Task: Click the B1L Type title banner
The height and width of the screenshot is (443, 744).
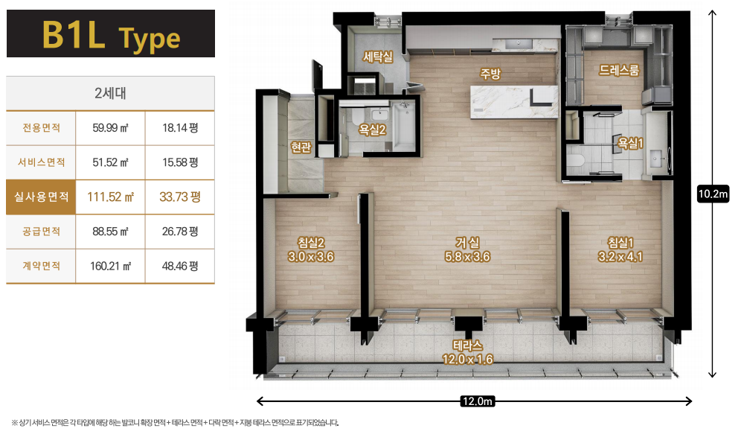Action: click(111, 34)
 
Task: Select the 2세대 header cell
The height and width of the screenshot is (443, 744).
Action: click(111, 93)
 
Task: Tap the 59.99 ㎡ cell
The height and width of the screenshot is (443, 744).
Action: click(111, 128)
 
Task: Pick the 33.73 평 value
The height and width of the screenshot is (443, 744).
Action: click(180, 197)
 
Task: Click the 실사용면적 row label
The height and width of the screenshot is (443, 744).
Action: click(41, 197)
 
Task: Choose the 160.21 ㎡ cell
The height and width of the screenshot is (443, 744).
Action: click(111, 266)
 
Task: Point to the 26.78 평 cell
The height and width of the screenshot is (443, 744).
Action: click(180, 232)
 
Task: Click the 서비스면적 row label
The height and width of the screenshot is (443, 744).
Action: click(41, 162)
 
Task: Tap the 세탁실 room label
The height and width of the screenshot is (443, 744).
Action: click(378, 57)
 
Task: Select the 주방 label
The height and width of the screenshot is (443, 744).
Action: click(490, 74)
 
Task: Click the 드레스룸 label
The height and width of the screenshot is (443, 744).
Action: click(619, 70)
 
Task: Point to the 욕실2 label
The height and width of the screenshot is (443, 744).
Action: click(372, 130)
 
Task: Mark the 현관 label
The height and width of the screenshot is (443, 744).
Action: click(301, 147)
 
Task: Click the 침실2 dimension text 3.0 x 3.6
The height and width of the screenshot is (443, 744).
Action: click(311, 257)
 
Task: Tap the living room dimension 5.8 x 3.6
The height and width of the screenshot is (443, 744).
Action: click(467, 257)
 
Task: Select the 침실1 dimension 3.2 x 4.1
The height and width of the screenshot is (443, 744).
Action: click(620, 257)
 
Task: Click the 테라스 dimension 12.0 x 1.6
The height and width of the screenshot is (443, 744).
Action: click(467, 360)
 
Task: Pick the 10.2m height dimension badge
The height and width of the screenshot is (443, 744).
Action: click(713, 194)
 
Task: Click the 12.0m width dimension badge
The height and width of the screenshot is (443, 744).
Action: click(478, 401)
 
